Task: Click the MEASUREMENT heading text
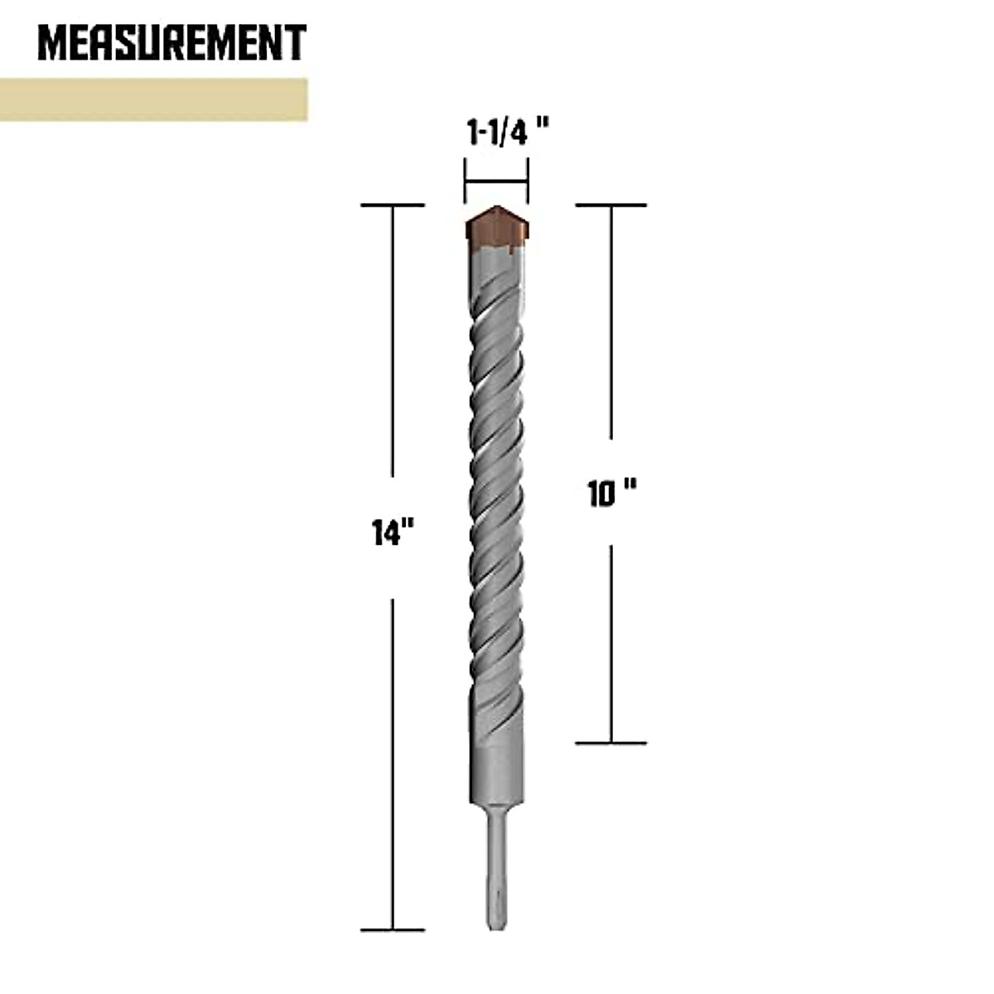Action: [x=172, y=44]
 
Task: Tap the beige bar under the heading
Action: [x=153, y=99]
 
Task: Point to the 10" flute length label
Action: [x=611, y=495]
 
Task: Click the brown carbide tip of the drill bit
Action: [x=495, y=228]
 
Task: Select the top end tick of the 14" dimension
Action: [x=393, y=205]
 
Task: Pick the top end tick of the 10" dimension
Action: [x=611, y=205]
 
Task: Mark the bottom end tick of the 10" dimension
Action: [x=611, y=743]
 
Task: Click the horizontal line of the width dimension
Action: [x=496, y=181]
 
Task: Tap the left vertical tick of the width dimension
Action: [x=465, y=181]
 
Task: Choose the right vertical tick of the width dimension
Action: [x=528, y=181]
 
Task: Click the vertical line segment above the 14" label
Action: [x=393, y=356]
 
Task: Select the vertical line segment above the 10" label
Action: [x=611, y=323]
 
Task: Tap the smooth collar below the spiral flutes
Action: [x=495, y=766]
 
